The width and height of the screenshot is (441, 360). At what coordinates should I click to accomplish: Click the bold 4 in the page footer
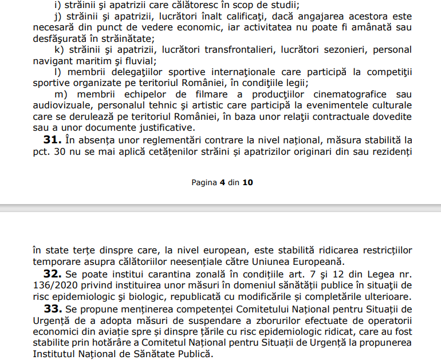pyautogui.click(x=222, y=182)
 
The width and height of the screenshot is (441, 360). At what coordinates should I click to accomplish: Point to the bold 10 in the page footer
pyautogui.click(x=247, y=182)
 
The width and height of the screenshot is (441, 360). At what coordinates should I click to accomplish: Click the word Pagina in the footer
pyautogui.click(x=204, y=182)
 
